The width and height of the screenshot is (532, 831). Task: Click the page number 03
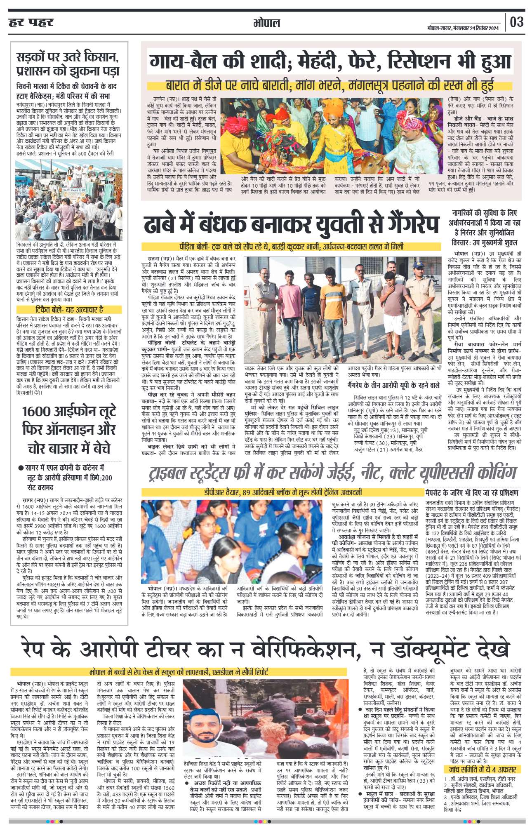(x=516, y=22)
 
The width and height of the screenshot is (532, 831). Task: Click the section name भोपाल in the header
(x=266, y=23)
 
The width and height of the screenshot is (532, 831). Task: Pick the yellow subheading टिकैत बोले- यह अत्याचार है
(x=69, y=309)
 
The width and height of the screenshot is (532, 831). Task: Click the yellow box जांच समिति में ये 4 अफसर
(x=483, y=770)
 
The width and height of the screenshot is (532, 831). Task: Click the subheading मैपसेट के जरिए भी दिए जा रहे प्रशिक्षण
(x=472, y=493)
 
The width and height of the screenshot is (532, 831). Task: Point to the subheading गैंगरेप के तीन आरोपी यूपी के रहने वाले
(x=393, y=385)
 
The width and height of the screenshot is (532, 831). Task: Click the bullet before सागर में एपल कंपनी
(x=20, y=468)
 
